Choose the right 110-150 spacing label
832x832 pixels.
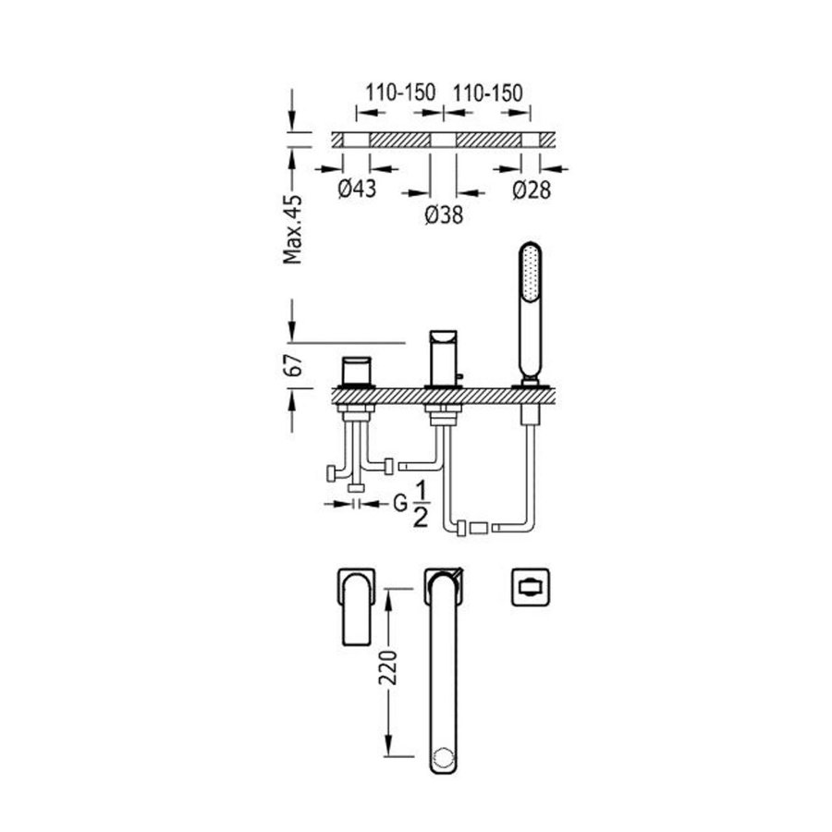(486, 92)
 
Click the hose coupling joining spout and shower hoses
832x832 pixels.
(479, 529)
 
